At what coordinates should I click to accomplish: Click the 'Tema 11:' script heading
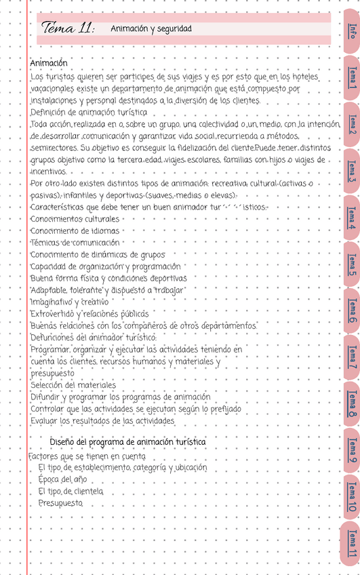click(x=68, y=28)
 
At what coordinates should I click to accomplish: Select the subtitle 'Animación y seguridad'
click(x=151, y=29)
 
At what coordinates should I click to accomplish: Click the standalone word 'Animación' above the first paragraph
click(x=49, y=63)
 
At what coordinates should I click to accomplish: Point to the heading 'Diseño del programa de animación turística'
click(x=128, y=442)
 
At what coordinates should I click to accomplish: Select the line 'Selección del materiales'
click(x=73, y=385)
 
